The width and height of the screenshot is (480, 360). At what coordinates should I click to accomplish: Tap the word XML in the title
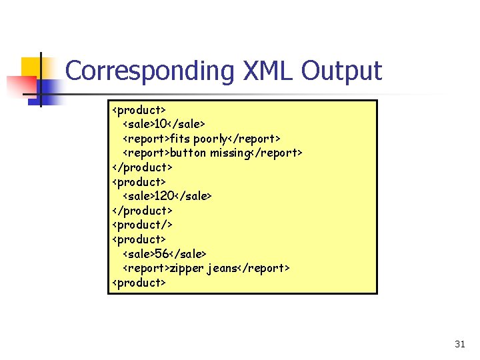point(267,70)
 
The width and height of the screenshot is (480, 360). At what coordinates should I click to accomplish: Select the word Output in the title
point(343,70)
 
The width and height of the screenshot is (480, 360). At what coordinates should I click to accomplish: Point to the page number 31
point(459,344)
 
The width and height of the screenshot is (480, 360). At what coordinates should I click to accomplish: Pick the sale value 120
point(164,196)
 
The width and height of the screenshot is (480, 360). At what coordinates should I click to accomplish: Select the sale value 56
point(161,253)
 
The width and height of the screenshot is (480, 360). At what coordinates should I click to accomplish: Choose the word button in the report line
point(188,153)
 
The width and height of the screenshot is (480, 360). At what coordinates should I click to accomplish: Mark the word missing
point(229,153)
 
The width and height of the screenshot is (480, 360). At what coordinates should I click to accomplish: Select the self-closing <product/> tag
point(141,225)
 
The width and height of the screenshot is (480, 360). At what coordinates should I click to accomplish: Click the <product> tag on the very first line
point(139,109)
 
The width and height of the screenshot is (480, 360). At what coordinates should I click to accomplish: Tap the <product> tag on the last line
point(139,283)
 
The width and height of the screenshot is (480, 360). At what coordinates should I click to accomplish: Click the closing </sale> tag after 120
point(193,196)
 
